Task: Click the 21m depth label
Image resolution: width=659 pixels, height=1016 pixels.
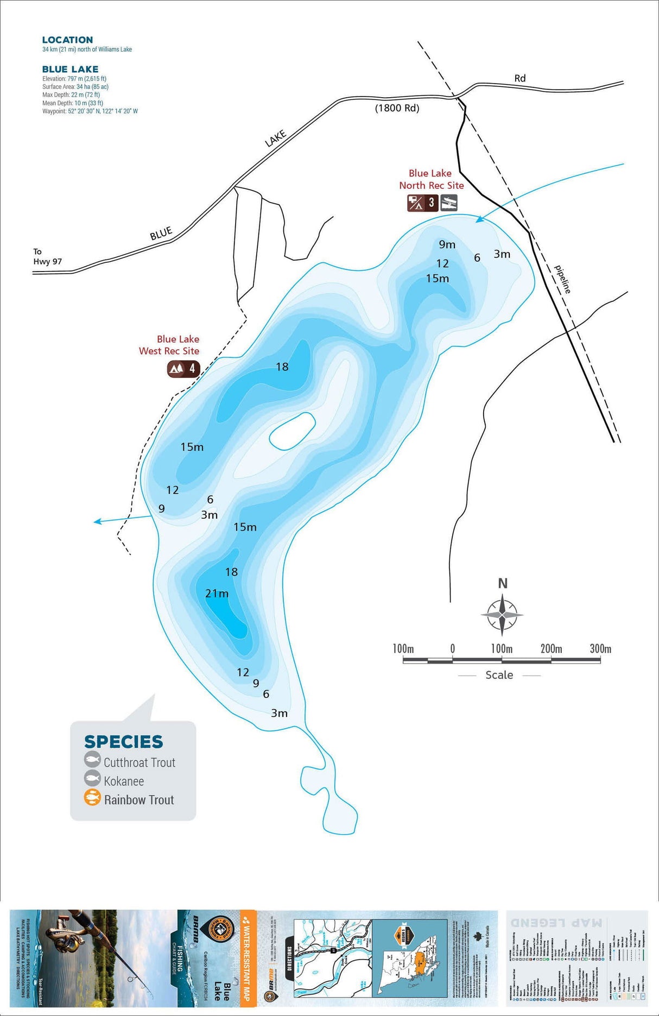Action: pyautogui.click(x=217, y=594)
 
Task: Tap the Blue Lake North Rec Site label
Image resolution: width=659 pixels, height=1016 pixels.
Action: pyautogui.click(x=431, y=179)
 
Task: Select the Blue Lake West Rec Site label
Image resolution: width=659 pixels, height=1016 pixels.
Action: pyautogui.click(x=169, y=345)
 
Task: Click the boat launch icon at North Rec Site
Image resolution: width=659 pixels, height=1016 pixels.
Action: pyautogui.click(x=448, y=203)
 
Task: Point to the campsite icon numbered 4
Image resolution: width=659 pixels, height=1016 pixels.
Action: pyautogui.click(x=183, y=369)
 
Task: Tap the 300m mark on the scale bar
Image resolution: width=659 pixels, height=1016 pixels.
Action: pyautogui.click(x=600, y=649)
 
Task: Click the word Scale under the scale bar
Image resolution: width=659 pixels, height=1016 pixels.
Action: pyautogui.click(x=499, y=675)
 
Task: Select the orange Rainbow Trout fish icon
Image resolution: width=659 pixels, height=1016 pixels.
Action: pyautogui.click(x=92, y=798)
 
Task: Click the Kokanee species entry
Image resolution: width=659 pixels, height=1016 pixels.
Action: pyautogui.click(x=123, y=781)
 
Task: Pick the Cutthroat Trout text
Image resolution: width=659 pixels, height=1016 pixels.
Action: pyautogui.click(x=140, y=762)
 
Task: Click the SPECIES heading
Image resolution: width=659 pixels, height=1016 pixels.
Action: pyautogui.click(x=123, y=742)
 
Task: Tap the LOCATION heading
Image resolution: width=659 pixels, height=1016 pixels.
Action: pyautogui.click(x=67, y=40)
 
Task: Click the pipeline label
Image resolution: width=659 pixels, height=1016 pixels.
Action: pyautogui.click(x=563, y=279)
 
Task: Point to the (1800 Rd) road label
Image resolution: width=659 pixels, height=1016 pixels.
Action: pyautogui.click(x=397, y=108)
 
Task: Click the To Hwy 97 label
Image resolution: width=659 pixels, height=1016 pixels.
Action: pyautogui.click(x=47, y=256)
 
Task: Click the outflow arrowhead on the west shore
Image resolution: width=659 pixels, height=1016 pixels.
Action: pyautogui.click(x=97, y=522)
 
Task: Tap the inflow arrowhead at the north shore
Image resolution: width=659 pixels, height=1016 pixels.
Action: pyautogui.click(x=479, y=219)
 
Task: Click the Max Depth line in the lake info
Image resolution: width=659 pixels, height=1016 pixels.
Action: pyautogui.click(x=71, y=94)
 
